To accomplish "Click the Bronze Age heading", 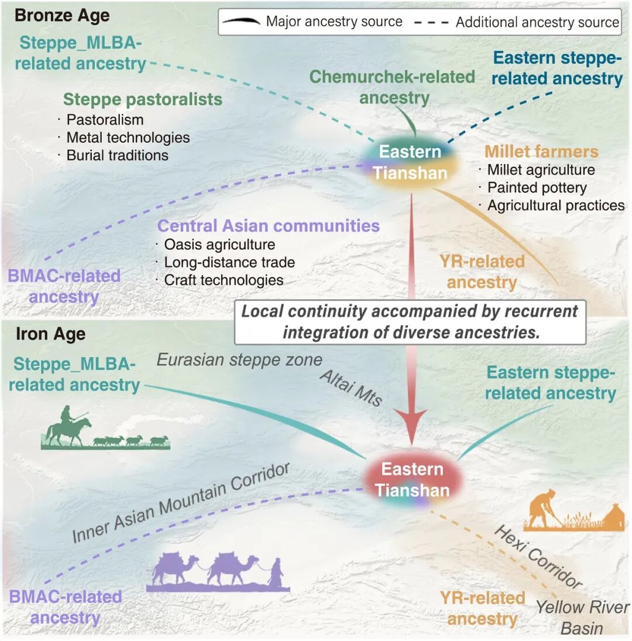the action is pos(62,16).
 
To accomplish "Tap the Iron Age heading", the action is pos(51,334).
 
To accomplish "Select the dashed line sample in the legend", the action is pos(431,22).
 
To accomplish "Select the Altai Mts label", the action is pos(351,388).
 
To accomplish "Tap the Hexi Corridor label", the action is pos(538,556).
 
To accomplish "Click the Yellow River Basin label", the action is pos(582,618).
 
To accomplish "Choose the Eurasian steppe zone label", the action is pos(239,360).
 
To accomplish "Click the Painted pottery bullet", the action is pos(537,188).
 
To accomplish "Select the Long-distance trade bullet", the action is pos(229,262).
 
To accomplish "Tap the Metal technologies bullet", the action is pos(128,138).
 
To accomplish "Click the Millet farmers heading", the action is pos(541,152).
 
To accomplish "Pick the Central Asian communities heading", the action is pos(269,225).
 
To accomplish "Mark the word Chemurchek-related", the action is pos(392,77).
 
